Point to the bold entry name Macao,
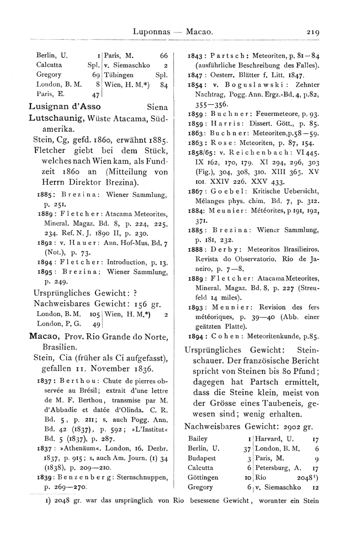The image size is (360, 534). [x=45, y=337]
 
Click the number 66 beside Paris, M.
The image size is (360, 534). [x=163, y=56]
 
